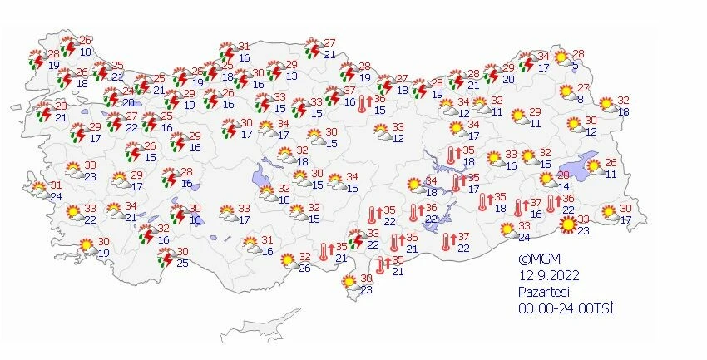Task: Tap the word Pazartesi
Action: (x=542, y=292)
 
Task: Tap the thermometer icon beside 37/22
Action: (x=447, y=242)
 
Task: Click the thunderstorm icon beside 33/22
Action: (x=357, y=239)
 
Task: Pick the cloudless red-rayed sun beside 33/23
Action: (x=568, y=224)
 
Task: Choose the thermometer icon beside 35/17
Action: (x=457, y=183)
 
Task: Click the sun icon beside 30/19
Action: (x=87, y=245)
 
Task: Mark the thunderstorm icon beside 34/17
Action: (x=527, y=62)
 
